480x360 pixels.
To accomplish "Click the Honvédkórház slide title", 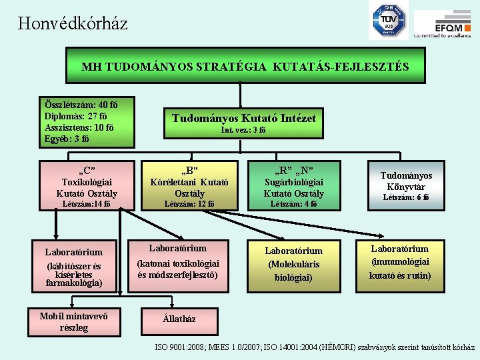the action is tap(73, 24).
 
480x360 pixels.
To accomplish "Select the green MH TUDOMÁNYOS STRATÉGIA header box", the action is tap(245, 66).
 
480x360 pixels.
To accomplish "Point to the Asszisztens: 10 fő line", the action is tap(79, 128).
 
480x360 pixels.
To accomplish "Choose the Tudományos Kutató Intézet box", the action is tap(243, 123).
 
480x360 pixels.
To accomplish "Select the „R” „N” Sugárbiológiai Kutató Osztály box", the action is tap(294, 185).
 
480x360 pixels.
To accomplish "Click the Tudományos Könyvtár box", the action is tap(406, 185).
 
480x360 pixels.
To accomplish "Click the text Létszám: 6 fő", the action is tap(406, 197).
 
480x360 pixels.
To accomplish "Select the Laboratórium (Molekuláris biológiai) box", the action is tap(294, 264).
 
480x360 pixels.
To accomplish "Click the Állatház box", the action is tap(179, 319).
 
